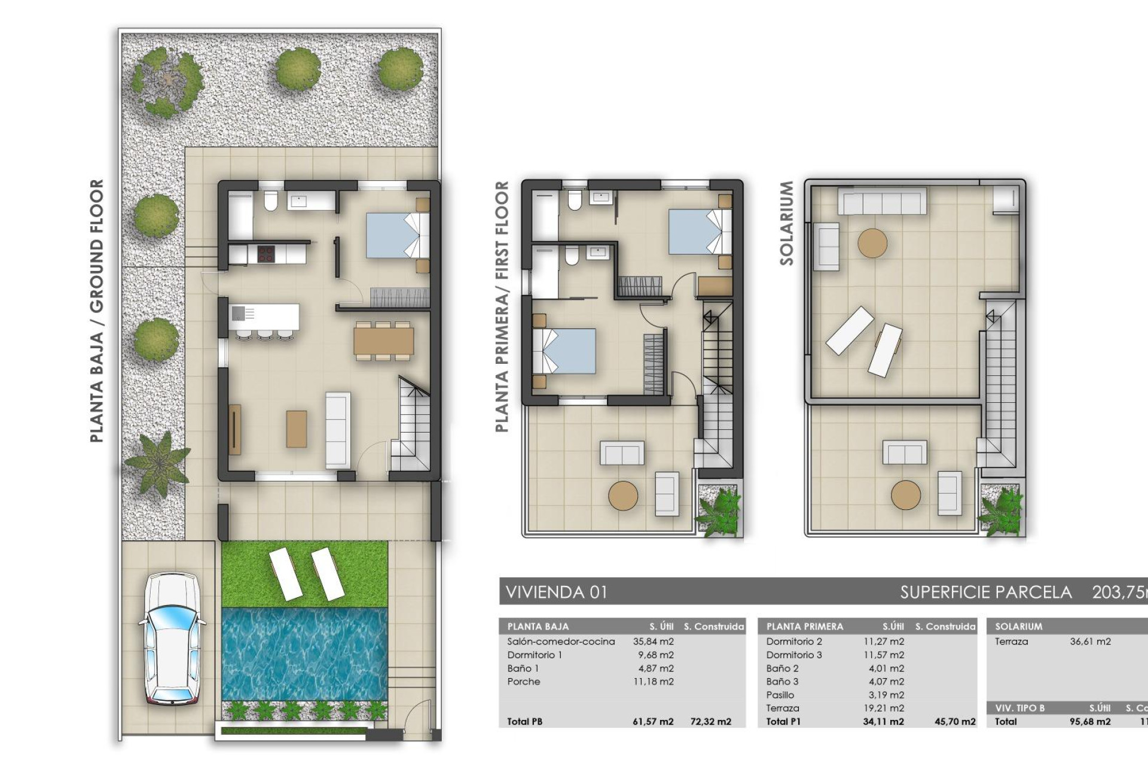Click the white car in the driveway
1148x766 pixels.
(172, 638)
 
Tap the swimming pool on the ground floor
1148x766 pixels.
(305, 653)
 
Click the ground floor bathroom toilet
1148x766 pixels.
(270, 202)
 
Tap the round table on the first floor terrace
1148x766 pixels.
(623, 496)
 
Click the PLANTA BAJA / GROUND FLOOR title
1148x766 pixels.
(97, 311)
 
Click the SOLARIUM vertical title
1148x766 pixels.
(787, 223)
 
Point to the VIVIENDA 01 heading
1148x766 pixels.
(557, 592)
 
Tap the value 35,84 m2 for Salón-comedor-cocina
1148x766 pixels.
(653, 642)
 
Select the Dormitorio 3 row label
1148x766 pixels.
(794, 655)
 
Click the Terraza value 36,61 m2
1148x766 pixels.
(1090, 642)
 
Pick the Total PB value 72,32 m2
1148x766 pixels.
(710, 722)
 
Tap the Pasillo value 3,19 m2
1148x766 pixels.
(886, 695)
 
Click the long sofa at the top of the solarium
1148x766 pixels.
(882, 201)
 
